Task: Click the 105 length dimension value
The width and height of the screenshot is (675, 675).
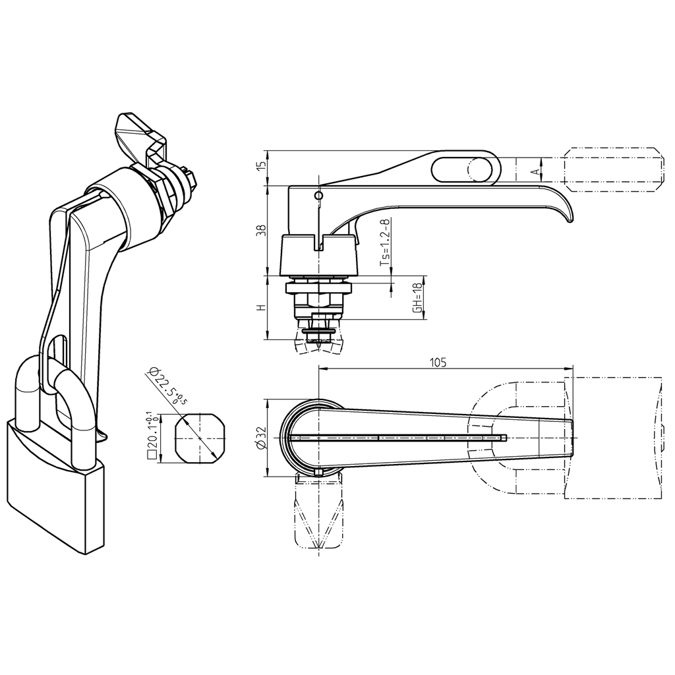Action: (438, 362)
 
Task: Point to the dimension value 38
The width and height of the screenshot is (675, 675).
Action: (262, 230)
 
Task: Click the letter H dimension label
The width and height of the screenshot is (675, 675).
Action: (262, 308)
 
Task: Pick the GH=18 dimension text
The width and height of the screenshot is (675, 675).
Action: (417, 297)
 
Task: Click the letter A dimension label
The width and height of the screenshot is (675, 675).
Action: (536, 171)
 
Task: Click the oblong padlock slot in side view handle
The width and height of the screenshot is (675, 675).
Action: (465, 168)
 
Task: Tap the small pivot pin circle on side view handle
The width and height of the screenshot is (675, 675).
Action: (319, 196)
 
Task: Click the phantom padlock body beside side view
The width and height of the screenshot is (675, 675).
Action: (613, 169)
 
